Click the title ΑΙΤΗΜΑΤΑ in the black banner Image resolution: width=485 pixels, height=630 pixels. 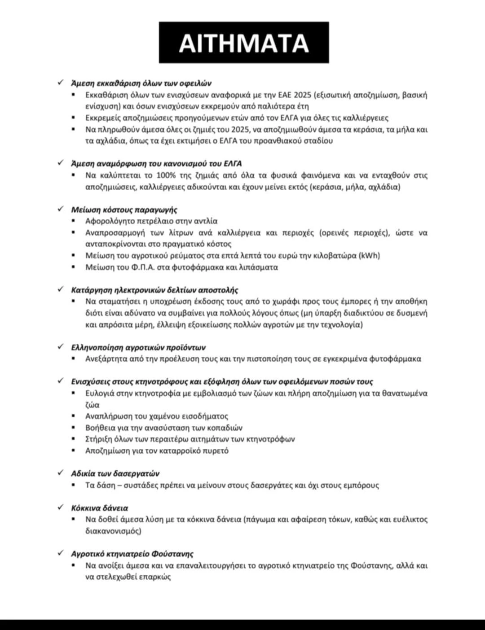(244, 43)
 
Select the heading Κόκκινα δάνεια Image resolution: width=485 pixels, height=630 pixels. (99, 508)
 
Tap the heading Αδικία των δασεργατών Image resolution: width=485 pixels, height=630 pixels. (115, 473)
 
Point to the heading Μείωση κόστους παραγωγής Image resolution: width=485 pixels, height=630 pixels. (124, 210)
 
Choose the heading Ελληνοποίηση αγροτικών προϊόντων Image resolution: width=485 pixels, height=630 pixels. (138, 347)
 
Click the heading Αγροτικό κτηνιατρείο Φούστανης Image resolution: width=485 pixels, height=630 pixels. (132, 554)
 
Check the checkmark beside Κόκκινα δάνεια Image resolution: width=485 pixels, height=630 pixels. (61, 507)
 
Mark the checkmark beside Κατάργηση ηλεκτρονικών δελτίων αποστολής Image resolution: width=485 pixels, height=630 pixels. (61, 289)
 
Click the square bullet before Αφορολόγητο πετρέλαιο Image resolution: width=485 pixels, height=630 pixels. (74, 221)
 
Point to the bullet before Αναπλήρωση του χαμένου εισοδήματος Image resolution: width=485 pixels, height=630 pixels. (74, 416)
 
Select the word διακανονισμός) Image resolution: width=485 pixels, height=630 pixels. (113, 531)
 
